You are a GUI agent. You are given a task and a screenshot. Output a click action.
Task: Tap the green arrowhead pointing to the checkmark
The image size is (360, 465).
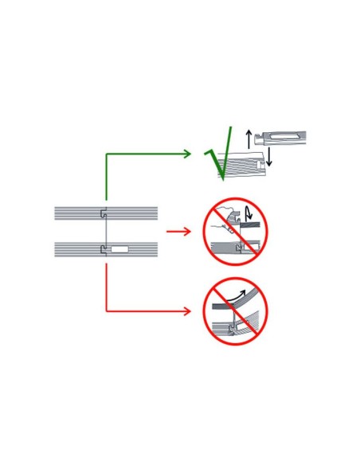[x=187, y=154]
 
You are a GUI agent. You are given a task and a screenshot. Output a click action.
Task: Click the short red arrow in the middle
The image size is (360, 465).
[x=178, y=232]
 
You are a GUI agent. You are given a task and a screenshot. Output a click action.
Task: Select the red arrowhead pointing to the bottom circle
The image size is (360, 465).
[x=187, y=311]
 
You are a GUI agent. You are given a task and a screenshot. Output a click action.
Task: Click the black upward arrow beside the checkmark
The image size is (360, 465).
[x=248, y=139]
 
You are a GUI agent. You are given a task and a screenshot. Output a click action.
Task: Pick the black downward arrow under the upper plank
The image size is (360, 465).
[x=268, y=157]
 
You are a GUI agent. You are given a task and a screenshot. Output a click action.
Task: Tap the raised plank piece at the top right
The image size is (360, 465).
[x=280, y=139]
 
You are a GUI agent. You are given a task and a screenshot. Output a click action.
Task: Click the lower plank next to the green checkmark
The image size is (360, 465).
[x=243, y=164]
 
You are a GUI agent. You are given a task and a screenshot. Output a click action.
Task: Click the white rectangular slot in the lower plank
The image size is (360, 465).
[x=119, y=249]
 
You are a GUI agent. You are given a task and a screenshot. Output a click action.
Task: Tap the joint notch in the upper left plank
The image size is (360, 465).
[x=104, y=213]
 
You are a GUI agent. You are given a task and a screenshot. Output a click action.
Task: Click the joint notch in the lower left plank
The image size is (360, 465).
[x=104, y=249]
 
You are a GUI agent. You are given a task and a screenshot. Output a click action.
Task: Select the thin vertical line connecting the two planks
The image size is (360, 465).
[x=106, y=231]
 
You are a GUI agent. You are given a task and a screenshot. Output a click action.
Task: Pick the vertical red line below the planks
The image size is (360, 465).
[x=107, y=287]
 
